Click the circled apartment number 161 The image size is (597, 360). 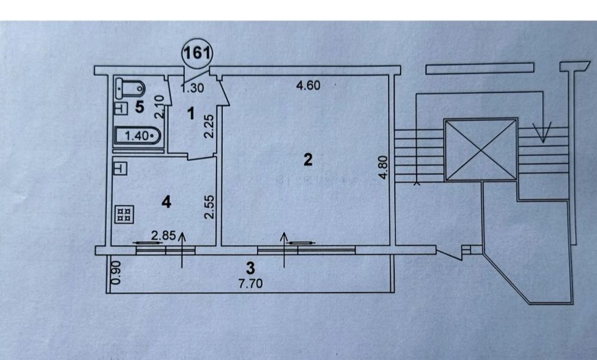[x=197, y=53]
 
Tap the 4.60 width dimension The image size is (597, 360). [x=308, y=85]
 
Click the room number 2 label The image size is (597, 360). [x=307, y=159]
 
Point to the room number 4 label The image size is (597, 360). [x=167, y=202]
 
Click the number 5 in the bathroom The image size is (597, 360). [x=140, y=107]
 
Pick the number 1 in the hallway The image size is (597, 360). [x=191, y=113]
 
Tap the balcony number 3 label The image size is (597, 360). [x=250, y=267]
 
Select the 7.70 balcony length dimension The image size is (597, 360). [x=250, y=284]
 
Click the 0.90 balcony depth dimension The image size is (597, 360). [x=117, y=272]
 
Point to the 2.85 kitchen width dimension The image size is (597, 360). [x=164, y=236]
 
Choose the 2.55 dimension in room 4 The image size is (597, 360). [x=210, y=207]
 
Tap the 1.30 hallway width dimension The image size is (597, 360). [x=193, y=88]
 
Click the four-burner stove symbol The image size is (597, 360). [x=124, y=214]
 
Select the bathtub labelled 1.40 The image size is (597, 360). [x=137, y=136]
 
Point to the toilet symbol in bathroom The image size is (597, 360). [x=130, y=88]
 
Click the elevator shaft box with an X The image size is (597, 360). [x=481, y=150]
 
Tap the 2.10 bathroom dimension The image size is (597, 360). [x=159, y=106]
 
